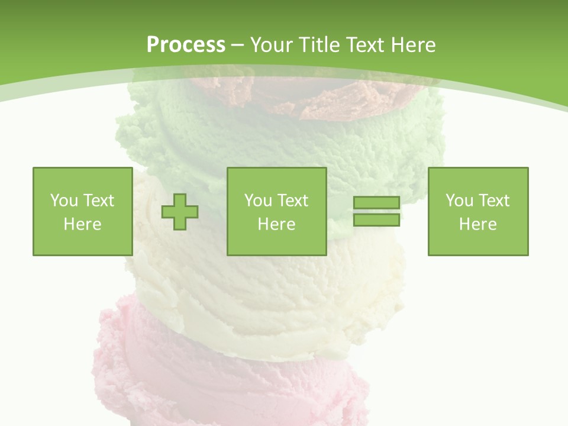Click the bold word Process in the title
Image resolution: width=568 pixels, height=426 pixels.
[186, 45]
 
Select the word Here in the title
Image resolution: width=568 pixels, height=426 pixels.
[413, 45]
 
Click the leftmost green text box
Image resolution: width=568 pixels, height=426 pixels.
[82, 211]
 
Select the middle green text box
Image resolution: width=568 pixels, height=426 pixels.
[276, 211]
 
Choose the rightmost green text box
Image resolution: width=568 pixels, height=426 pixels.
[477, 211]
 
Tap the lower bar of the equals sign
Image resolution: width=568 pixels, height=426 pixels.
[377, 220]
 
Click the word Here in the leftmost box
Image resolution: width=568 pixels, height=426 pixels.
[82, 224]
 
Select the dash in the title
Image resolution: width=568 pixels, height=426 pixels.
[237, 46]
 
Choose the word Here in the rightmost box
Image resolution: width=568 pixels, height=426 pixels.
[477, 224]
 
